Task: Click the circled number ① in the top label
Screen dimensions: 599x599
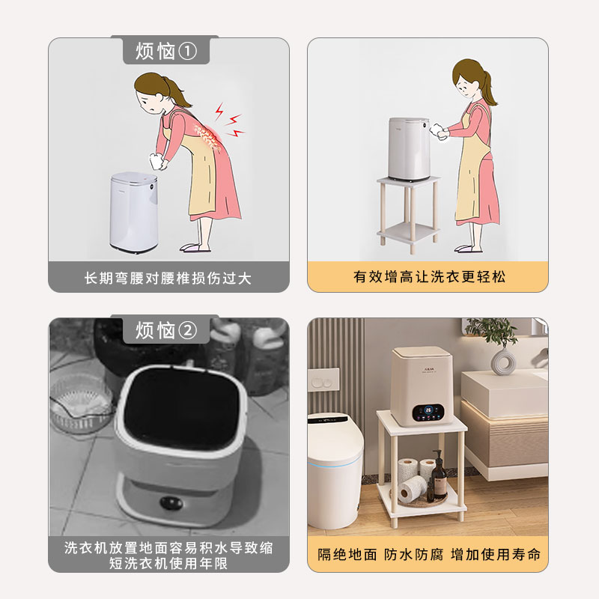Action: click(x=188, y=51)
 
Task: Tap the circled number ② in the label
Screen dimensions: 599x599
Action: click(x=188, y=330)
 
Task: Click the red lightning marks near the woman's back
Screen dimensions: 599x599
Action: click(x=229, y=120)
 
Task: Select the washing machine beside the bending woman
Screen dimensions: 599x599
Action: click(x=134, y=212)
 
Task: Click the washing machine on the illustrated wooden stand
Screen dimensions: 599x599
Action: click(x=409, y=149)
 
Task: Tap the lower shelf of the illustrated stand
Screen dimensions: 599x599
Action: click(x=408, y=231)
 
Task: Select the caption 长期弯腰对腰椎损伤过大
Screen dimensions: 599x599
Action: click(x=168, y=278)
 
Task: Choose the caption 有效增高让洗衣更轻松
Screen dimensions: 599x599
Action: click(x=429, y=276)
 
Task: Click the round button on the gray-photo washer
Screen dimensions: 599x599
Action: click(x=171, y=502)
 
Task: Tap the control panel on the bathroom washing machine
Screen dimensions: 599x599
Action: click(x=428, y=413)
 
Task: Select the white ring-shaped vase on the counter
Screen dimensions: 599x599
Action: click(x=502, y=362)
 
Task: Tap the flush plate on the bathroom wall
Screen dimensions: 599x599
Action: click(x=323, y=380)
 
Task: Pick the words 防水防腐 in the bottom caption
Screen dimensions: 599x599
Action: click(x=413, y=554)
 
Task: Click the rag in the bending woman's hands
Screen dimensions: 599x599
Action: click(x=156, y=161)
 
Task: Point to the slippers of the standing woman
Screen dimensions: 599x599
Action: click(x=468, y=249)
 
